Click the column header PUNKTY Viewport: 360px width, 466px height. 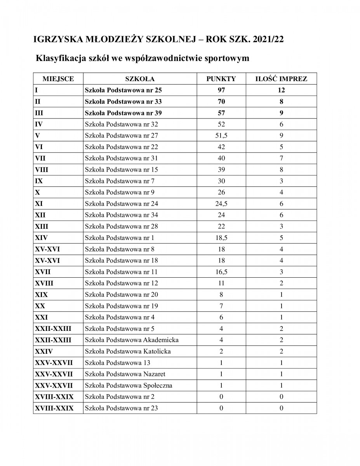tap(221, 79)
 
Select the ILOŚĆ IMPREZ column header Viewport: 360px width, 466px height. tap(281, 79)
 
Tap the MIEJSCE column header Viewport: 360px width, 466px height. tap(58, 79)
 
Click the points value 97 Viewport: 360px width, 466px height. tap(221, 90)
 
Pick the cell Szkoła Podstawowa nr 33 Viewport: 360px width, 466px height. tap(123, 102)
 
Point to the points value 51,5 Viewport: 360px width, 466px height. tap(221, 136)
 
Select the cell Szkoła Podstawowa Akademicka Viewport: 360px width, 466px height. tap(132, 340)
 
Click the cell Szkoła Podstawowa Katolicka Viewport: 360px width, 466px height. tap(128, 351)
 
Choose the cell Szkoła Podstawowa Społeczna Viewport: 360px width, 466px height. tap(129, 386)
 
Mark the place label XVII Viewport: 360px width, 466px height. tap(43, 272)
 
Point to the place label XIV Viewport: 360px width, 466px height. tap(42, 238)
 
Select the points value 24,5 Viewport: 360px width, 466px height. tap(221, 203)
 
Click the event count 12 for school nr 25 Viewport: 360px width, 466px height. tap(281, 90)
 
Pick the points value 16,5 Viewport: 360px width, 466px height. tap(221, 272)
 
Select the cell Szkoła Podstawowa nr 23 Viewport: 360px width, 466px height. tap(121, 408)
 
